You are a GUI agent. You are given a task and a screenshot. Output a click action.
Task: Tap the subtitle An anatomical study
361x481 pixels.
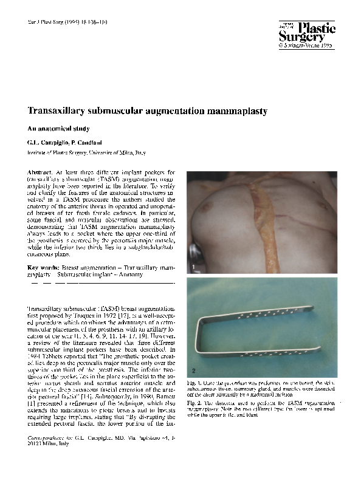[58, 129]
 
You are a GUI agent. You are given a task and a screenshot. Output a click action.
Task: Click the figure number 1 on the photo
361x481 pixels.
[193, 267]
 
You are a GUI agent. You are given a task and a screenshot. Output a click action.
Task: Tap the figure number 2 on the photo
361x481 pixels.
[193, 369]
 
